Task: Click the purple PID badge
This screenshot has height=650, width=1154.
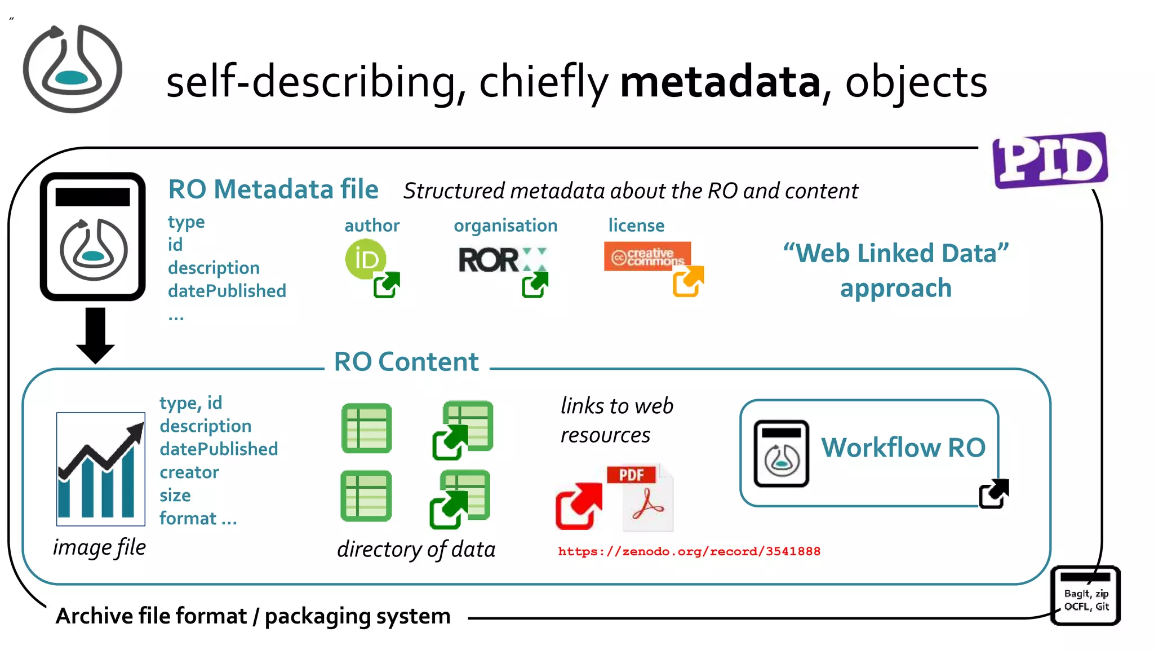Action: [1050, 160]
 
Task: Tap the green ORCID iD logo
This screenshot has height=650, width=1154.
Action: [366, 259]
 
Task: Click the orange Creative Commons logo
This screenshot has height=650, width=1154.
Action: [647, 257]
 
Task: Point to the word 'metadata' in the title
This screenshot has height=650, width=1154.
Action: [720, 82]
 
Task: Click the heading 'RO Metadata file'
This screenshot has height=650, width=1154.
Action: [273, 189]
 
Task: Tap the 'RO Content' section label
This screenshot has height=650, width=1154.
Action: [406, 362]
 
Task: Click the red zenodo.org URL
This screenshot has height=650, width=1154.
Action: [689, 551]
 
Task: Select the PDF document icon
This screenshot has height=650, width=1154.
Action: [642, 497]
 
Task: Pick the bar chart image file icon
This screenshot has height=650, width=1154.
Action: [101, 469]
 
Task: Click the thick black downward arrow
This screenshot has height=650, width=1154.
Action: [95, 335]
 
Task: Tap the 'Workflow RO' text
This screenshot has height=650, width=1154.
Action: [903, 448]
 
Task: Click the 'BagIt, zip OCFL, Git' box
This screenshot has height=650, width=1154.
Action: [1086, 596]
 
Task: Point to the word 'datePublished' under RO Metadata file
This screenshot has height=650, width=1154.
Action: [227, 291]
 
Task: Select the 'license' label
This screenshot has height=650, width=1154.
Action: [636, 225]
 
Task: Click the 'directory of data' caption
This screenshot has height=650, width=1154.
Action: [416, 549]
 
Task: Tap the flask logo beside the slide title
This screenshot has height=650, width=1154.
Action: [72, 69]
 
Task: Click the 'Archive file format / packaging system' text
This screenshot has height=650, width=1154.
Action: [253, 616]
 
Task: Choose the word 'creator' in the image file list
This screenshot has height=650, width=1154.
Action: [189, 472]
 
